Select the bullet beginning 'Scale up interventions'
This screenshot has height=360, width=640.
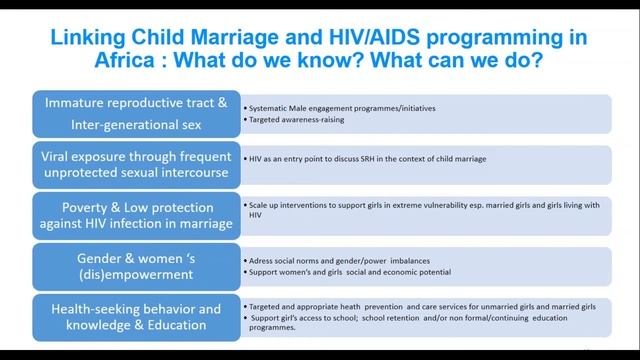pos(420,205)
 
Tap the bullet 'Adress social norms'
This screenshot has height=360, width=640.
pos(340,260)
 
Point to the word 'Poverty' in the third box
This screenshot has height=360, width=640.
pos(72,203)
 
